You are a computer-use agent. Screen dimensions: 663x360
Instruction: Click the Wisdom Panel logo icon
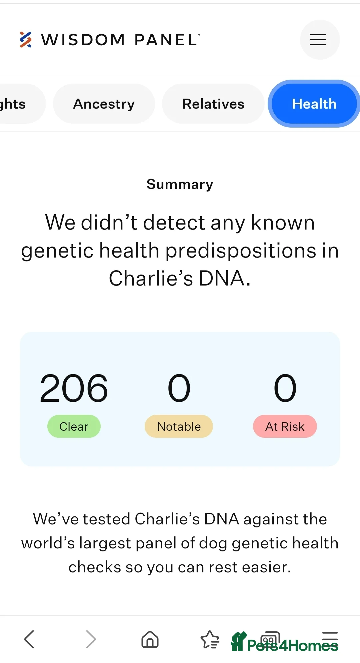[26, 40]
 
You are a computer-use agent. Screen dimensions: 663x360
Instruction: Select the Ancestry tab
[104, 104]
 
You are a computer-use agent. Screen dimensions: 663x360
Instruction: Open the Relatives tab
[213, 104]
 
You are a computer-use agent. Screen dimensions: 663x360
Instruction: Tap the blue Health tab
[314, 104]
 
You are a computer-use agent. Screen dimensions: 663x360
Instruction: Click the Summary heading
[180, 184]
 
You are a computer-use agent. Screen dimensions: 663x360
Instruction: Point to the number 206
[74, 388]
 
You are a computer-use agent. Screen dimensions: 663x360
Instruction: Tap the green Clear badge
[74, 426]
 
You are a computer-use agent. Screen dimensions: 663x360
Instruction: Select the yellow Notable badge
[179, 426]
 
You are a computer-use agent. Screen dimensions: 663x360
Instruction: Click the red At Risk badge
[285, 426]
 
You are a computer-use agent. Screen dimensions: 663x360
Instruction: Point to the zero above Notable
[179, 388]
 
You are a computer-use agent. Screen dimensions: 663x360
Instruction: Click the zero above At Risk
[285, 388]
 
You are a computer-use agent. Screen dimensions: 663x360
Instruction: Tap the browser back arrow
[29, 639]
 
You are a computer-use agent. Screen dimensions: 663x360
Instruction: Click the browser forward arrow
[91, 639]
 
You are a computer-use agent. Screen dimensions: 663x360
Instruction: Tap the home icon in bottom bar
[150, 639]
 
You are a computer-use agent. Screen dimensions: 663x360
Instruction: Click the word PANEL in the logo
[166, 40]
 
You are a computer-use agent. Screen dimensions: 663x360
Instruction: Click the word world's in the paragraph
[48, 543]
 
